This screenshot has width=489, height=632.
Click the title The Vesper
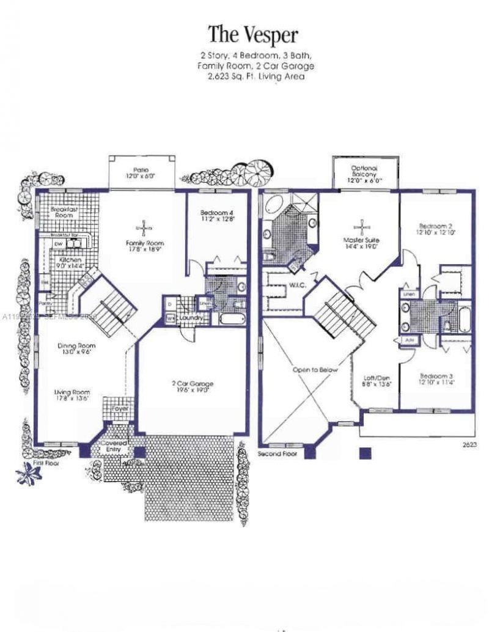pyautogui.click(x=253, y=34)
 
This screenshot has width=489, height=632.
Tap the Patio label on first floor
pyautogui.click(x=141, y=171)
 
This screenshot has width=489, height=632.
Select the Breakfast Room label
pyautogui.click(x=64, y=212)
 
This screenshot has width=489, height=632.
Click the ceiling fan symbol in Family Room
pyautogui.click(x=144, y=229)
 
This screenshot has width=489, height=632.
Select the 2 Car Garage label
pyautogui.click(x=192, y=383)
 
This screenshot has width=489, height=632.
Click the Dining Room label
pyautogui.click(x=76, y=346)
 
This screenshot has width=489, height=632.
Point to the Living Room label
pyautogui.click(x=72, y=392)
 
